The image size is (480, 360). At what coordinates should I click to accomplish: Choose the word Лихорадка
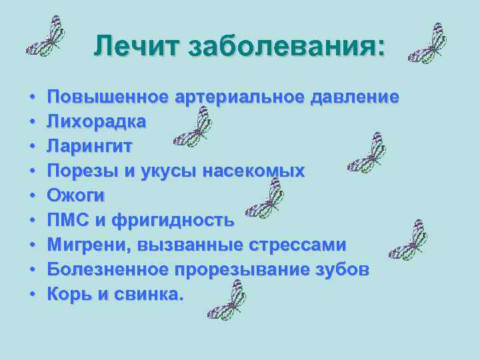pos(97,122)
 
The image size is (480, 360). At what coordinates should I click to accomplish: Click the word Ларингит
pos(91,147)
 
